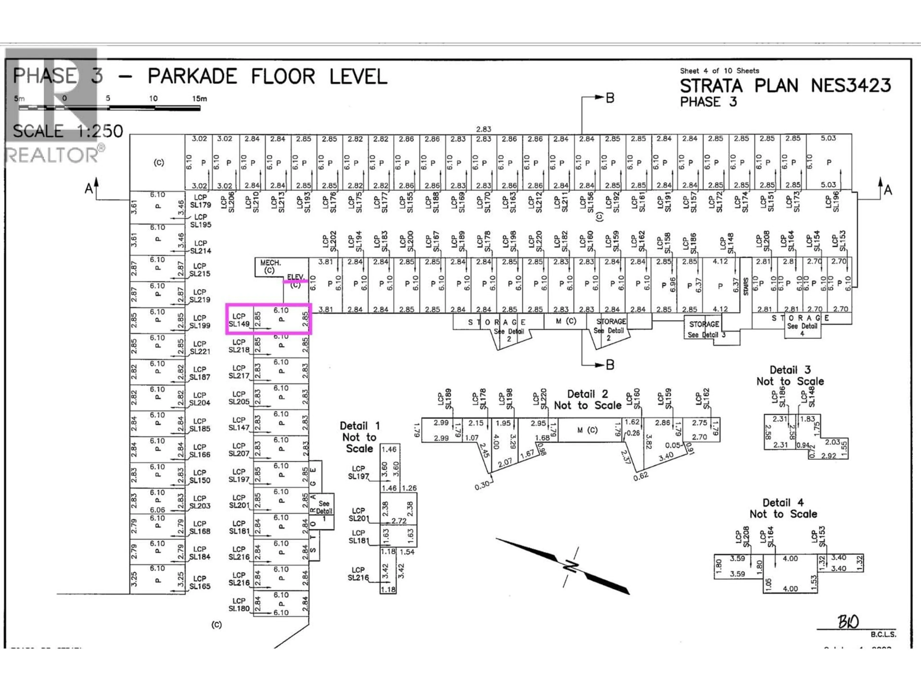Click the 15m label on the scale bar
click(x=200, y=99)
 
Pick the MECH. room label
click(x=270, y=263)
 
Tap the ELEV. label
click(x=296, y=277)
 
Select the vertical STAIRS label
click(x=746, y=286)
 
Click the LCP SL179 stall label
click(x=200, y=201)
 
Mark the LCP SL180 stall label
click(x=239, y=604)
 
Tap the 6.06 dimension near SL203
click(x=157, y=510)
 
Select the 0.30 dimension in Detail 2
click(x=482, y=486)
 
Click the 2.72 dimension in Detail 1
click(x=399, y=521)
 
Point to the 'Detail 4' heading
click(x=783, y=503)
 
